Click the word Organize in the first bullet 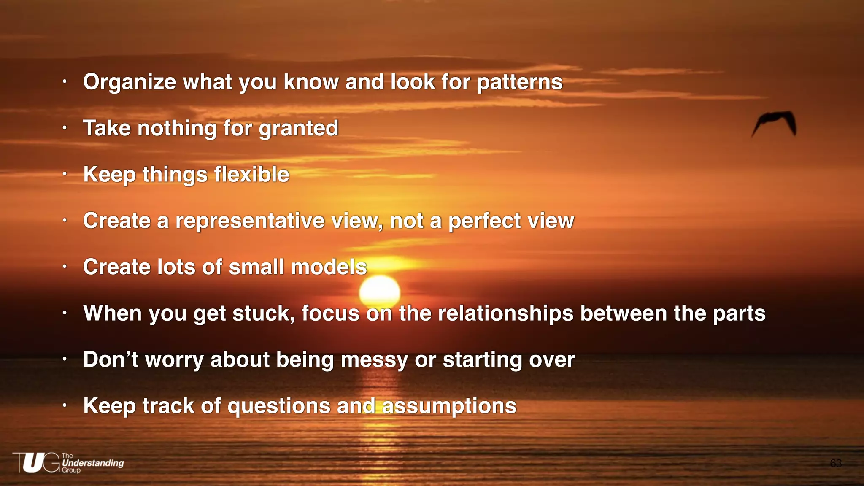coord(129,82)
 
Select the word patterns coord(519,82)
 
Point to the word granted coord(298,129)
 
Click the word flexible coord(251,174)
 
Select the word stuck coord(263,313)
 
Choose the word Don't coord(111,359)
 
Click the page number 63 coord(835,463)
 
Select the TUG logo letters coord(36,462)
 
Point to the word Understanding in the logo coord(93,463)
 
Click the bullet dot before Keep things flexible coord(65,173)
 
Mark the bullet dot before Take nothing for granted coord(65,127)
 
